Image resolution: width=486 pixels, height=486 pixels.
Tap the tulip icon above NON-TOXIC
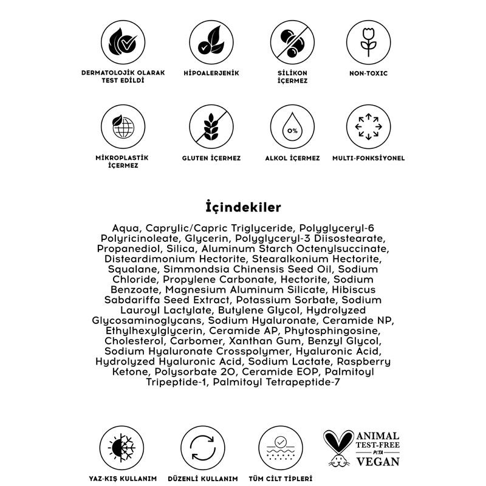[x=368, y=40]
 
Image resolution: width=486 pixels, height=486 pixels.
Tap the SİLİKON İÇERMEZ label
[x=292, y=77]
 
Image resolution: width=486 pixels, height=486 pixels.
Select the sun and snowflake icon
[x=118, y=449]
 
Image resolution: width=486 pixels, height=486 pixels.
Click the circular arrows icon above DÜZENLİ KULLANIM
[x=202, y=449]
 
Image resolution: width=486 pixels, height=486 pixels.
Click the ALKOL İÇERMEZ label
[x=292, y=158]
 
